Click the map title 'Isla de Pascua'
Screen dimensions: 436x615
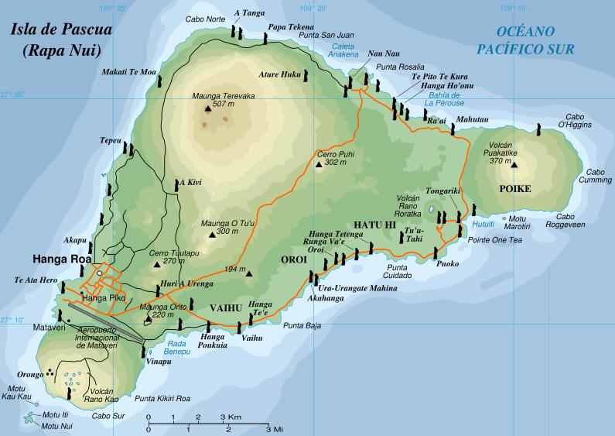click(x=61, y=32)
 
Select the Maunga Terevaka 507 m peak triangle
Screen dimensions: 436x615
click(x=207, y=111)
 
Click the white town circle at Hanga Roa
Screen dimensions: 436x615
click(x=99, y=273)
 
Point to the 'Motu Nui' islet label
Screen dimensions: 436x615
click(x=56, y=425)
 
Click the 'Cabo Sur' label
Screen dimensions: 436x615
click(x=109, y=416)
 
